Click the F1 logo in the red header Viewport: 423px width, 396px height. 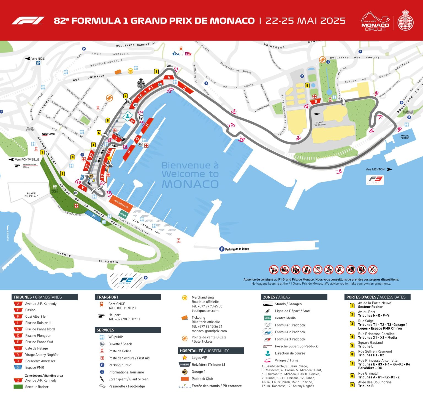28,21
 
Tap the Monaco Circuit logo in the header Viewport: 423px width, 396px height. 375,21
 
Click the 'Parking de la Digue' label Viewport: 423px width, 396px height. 237,249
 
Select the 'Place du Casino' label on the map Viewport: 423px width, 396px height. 319,124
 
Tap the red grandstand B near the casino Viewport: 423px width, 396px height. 316,101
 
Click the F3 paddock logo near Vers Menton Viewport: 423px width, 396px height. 376,180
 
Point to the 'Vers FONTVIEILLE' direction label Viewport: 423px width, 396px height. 27,159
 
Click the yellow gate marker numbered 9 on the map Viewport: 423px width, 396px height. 307,86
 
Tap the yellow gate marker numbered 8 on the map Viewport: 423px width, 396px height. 156,71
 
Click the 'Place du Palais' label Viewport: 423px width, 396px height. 31,195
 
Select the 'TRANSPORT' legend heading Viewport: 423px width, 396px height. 107,297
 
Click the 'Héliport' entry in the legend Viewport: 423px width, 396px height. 114,315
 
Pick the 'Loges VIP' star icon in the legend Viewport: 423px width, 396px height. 185,358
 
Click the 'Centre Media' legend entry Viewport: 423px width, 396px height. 285,318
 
